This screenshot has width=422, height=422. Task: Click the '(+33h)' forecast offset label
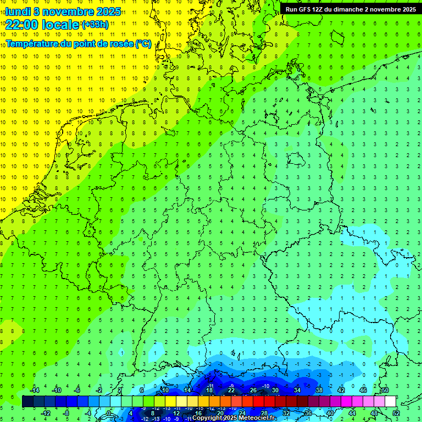95,25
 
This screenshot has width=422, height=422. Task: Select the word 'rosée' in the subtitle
120,44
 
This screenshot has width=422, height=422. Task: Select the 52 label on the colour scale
396,413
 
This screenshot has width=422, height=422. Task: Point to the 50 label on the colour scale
385,390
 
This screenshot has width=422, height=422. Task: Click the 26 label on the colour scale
253,390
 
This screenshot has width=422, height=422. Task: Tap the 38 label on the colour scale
319,390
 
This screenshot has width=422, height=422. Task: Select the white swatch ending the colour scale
390,401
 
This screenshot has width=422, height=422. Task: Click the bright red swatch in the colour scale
258,401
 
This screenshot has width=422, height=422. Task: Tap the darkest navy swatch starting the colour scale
28,401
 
